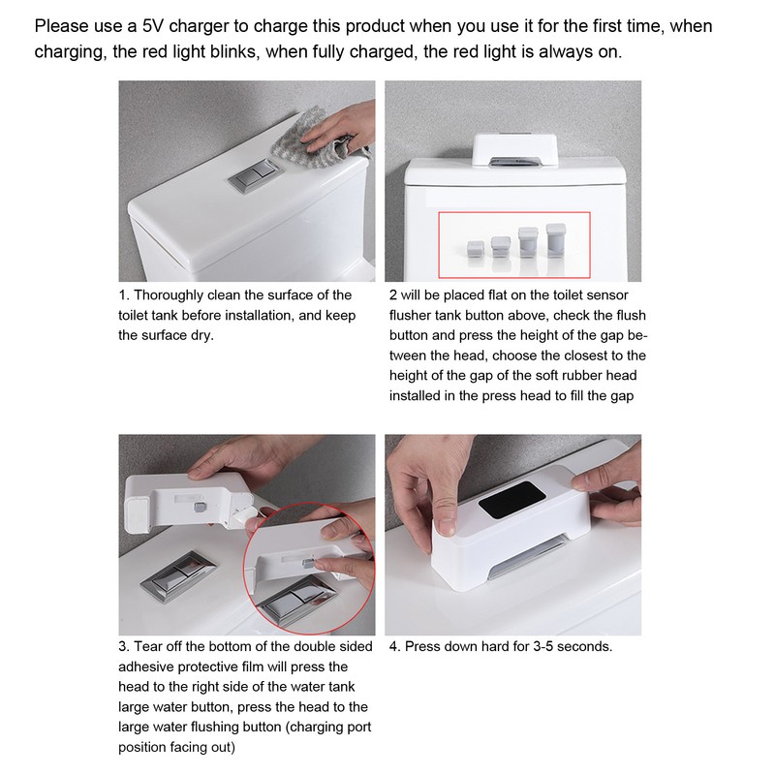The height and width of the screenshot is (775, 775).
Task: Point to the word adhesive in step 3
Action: (148, 667)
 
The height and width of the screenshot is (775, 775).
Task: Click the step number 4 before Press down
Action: (393, 646)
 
